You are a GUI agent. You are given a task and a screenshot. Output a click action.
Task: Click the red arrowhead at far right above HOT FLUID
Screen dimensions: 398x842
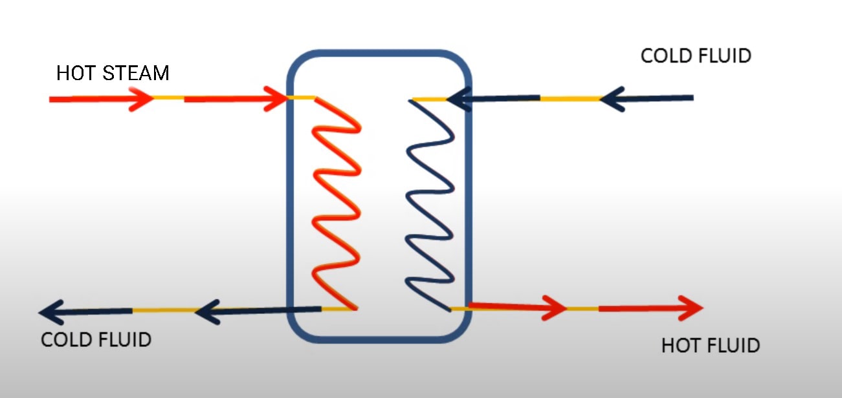tap(691, 308)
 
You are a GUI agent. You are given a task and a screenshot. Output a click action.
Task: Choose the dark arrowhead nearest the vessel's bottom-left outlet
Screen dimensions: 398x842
tap(206, 312)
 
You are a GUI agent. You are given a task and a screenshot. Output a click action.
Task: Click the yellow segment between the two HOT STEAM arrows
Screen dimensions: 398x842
tap(168, 99)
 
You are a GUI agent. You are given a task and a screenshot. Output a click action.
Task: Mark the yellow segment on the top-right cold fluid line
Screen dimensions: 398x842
tap(570, 99)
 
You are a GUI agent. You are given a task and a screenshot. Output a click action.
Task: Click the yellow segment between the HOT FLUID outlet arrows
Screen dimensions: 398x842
tap(582, 309)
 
